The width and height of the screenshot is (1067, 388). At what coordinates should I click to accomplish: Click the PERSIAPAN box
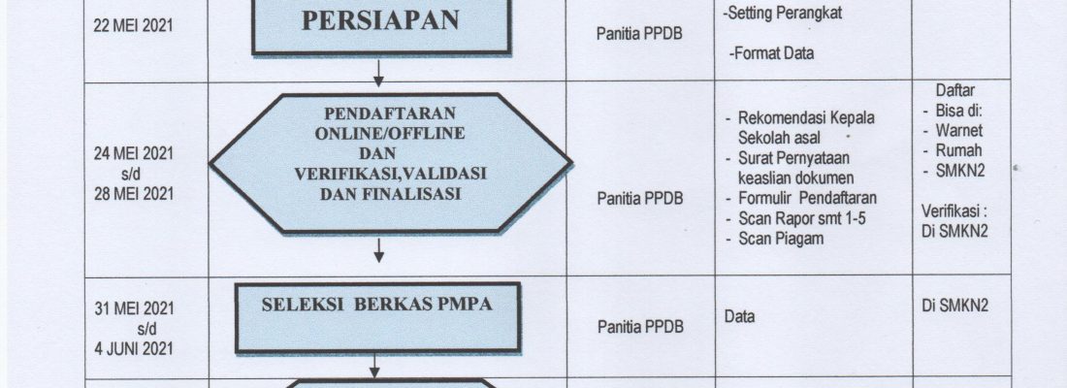[381, 26]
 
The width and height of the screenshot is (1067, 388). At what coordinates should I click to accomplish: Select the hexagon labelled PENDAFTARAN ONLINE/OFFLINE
[390, 163]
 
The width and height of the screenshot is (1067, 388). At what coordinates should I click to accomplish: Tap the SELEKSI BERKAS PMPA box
[377, 318]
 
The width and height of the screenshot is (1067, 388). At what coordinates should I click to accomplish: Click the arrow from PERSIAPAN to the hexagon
[378, 72]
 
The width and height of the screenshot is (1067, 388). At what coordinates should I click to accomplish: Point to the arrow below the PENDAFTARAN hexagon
[379, 250]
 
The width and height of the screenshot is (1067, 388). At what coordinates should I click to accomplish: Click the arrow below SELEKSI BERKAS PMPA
[374, 366]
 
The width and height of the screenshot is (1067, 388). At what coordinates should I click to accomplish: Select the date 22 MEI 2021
[134, 26]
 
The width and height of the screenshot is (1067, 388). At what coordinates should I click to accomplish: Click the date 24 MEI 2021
[134, 154]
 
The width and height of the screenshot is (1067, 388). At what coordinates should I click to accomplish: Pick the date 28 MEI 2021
[134, 194]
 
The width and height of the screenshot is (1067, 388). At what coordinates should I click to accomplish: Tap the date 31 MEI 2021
[134, 309]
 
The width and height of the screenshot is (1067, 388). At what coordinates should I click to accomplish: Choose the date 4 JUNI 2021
[134, 348]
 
